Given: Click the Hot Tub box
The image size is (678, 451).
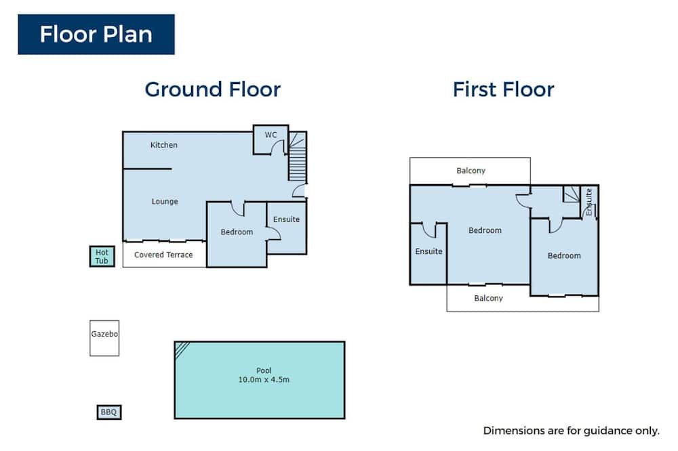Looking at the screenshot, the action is tap(102, 256).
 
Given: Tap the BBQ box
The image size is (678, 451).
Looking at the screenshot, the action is tap(109, 412).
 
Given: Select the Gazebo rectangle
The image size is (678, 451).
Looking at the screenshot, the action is tap(104, 339).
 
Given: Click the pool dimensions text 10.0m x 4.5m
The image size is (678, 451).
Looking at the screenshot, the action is tap(264, 380).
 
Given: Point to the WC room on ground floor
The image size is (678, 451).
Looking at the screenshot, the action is tap(271, 139).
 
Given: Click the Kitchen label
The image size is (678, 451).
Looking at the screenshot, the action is tap(164, 145).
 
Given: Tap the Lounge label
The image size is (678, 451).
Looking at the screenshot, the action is tap(165, 201).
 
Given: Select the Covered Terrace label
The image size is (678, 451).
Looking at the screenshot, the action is tap(163, 255).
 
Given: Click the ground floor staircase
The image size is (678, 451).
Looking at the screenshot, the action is tap(298, 156).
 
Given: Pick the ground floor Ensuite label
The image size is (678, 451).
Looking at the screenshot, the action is tap(286, 219).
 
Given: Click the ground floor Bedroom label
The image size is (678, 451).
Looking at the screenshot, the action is tap(237, 232).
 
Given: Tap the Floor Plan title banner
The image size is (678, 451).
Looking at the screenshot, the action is tap(96, 35).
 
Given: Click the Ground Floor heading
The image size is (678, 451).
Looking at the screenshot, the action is tap(213, 89).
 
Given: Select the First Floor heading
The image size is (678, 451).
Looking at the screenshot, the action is tap(503, 89).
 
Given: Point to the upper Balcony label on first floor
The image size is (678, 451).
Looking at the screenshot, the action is tap(471, 171).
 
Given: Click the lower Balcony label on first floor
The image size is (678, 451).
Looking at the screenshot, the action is tap(489, 298).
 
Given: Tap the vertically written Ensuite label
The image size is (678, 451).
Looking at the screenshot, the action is tap(589, 202).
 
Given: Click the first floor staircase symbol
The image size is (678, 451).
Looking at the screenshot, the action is tap(571, 194).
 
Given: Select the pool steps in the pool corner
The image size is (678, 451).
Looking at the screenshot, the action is tap(181, 349).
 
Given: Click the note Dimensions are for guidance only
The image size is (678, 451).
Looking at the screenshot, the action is tap(571, 431).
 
